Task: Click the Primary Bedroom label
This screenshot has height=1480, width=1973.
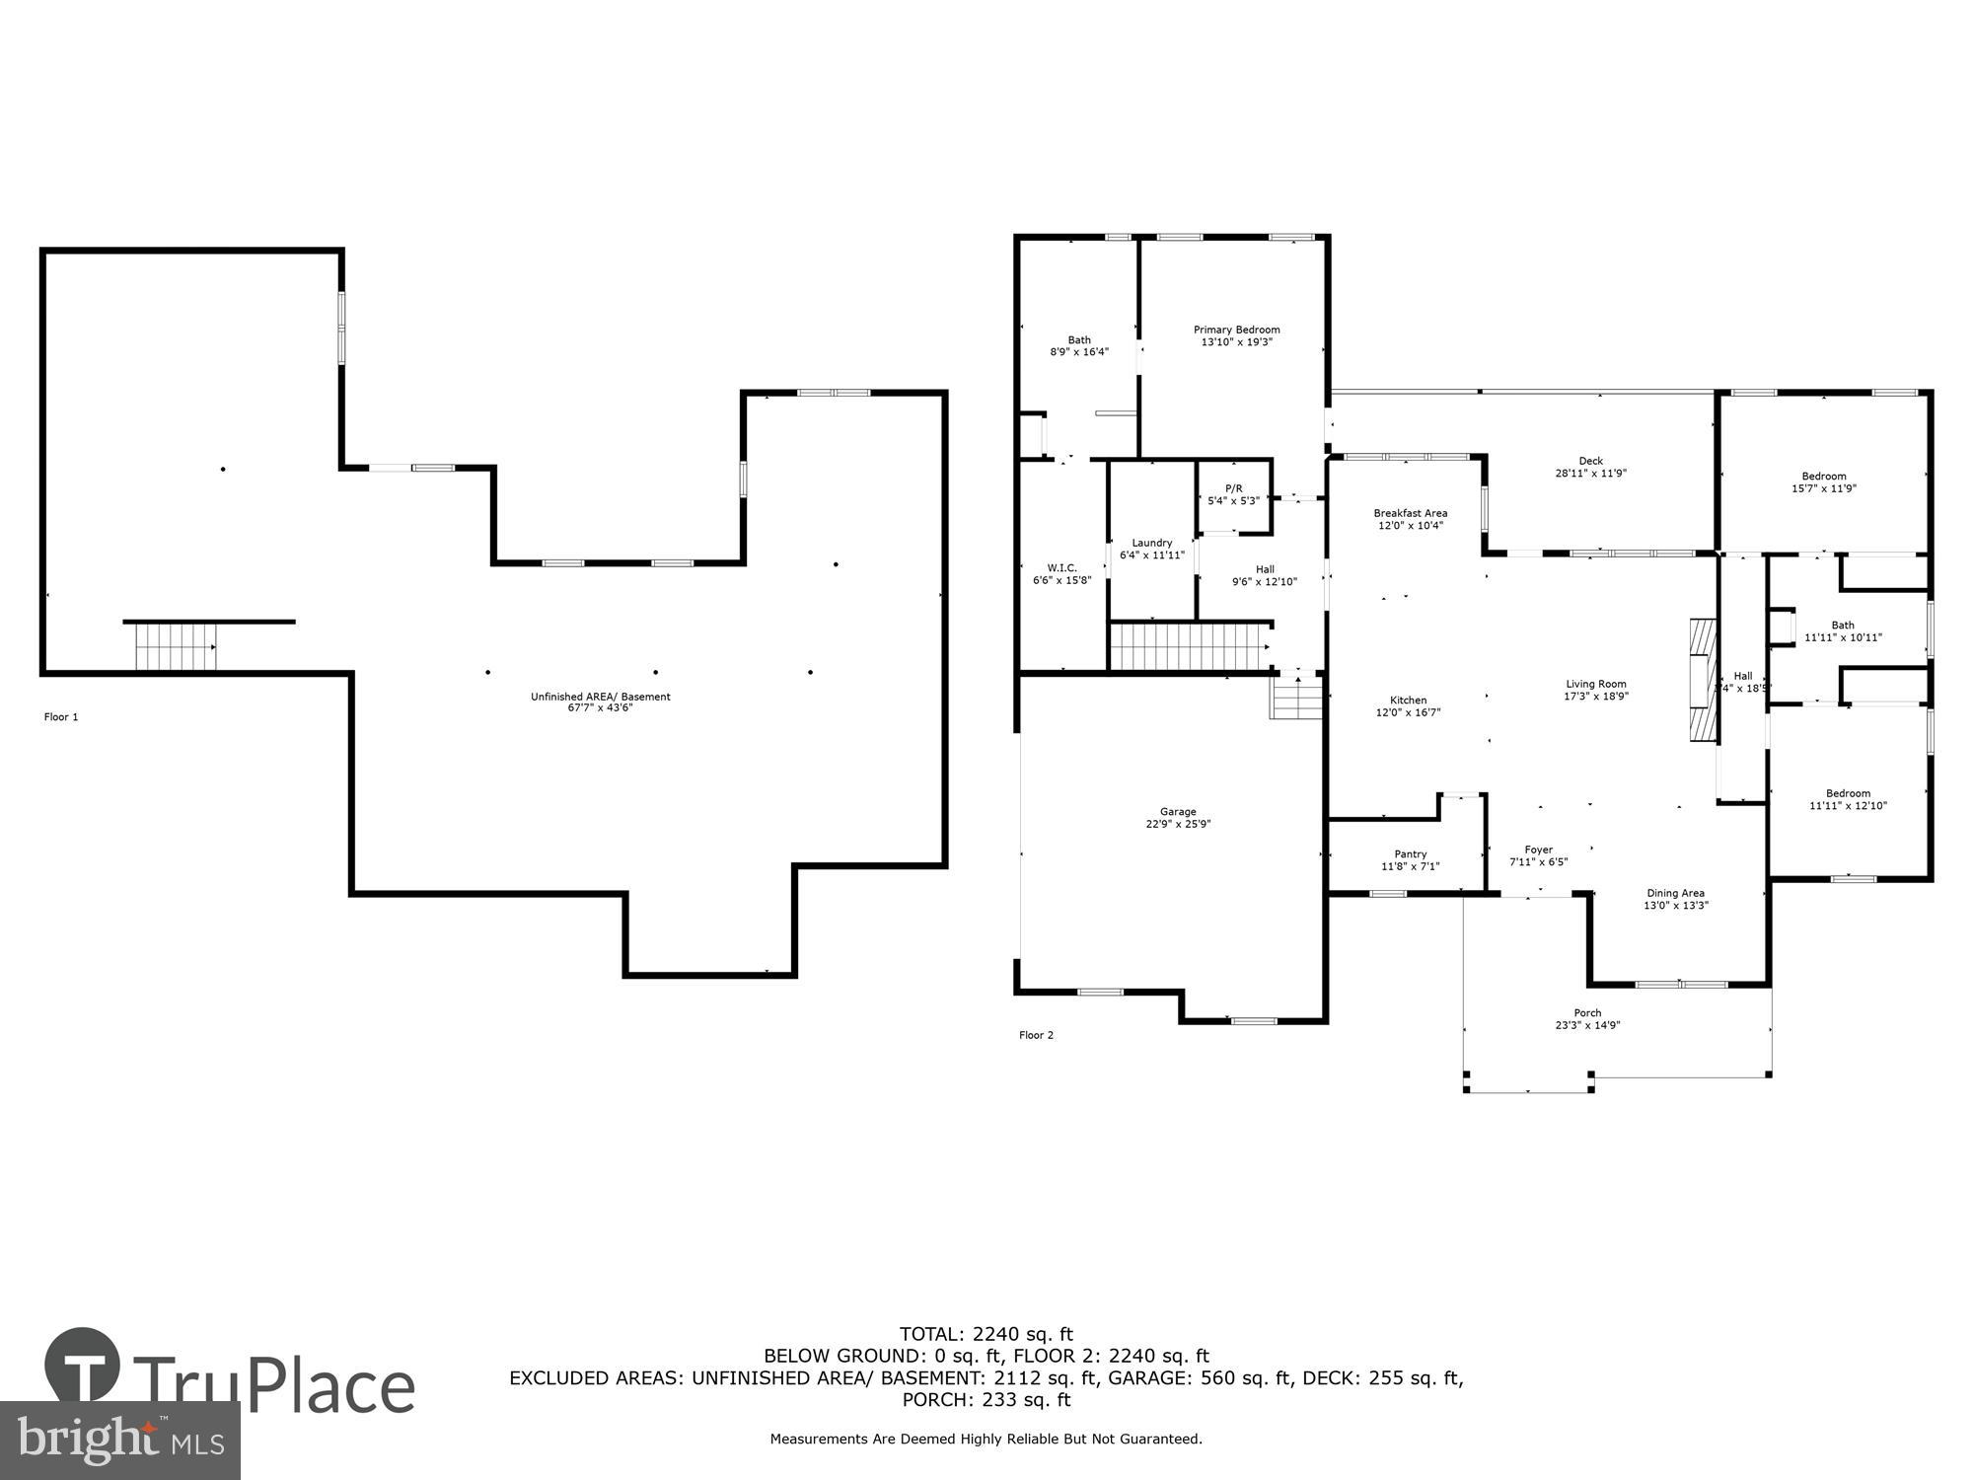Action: coord(1236,330)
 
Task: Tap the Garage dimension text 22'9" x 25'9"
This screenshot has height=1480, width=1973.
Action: coord(1178,824)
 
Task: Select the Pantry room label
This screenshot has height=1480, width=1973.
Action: coord(1410,854)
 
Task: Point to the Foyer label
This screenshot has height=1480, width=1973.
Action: coord(1538,850)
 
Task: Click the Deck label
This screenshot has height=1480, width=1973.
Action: coord(1590,461)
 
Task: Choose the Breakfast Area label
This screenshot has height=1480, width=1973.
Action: coord(1410,513)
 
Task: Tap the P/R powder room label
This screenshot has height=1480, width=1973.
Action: coord(1233,488)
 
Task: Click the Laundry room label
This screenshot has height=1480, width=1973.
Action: coord(1151,543)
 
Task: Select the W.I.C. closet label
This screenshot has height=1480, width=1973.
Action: coord(1061,567)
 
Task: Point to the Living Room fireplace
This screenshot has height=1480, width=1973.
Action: coord(1702,681)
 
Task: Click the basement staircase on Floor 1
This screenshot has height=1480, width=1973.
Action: coord(176,647)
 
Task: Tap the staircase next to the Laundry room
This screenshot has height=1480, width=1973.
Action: coord(1189,647)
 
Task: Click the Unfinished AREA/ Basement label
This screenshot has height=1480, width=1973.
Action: coord(600,697)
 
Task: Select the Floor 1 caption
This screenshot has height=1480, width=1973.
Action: coord(61,717)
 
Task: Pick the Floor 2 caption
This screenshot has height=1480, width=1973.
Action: coord(1036,1035)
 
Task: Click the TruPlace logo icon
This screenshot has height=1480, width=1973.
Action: coord(83,1366)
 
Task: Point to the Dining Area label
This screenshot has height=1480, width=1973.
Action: coord(1675,893)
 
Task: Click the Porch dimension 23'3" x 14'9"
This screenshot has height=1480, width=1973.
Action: coord(1587,1025)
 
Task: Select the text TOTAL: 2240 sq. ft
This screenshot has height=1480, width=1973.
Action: coord(986,1335)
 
